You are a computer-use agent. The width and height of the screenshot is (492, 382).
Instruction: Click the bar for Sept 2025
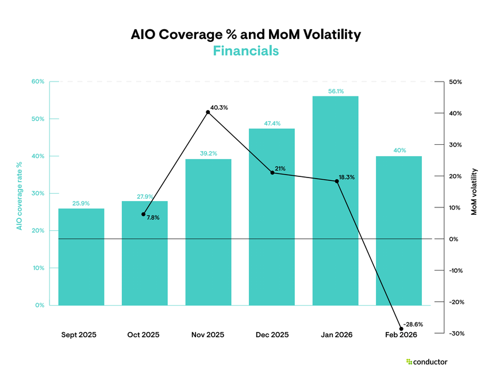pyautogui.click(x=81, y=257)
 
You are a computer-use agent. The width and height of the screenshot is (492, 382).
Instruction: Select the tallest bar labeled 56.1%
pyautogui.click(x=335, y=201)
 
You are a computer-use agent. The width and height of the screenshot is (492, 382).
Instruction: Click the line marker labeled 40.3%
pyautogui.click(x=208, y=112)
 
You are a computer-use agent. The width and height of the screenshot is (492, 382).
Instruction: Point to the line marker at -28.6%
pyautogui.click(x=401, y=329)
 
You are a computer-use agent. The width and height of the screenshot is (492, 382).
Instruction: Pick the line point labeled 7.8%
pyautogui.click(x=143, y=214)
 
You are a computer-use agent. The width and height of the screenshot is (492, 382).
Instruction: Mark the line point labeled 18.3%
pyautogui.click(x=337, y=181)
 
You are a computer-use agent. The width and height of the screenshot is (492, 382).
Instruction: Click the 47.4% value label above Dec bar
pyautogui.click(x=272, y=124)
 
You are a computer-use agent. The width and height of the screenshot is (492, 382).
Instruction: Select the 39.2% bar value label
pyautogui.click(x=208, y=153)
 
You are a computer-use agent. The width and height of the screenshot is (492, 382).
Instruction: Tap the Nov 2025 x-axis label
pyautogui.click(x=207, y=334)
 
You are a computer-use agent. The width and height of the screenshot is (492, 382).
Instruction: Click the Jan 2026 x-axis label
pyautogui.click(x=335, y=334)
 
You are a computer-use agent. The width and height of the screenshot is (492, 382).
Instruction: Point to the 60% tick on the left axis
pyautogui.click(x=38, y=82)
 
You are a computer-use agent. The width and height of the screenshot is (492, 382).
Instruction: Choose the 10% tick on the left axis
pyautogui.click(x=38, y=268)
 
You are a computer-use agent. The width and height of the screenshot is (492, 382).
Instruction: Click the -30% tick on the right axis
pyautogui.click(x=456, y=333)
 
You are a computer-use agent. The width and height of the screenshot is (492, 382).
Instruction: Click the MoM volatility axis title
pyautogui.click(x=474, y=192)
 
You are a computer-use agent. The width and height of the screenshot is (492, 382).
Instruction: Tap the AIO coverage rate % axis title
pyautogui.click(x=19, y=195)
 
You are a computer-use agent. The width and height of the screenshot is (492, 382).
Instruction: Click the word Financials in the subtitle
pyautogui.click(x=245, y=51)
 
